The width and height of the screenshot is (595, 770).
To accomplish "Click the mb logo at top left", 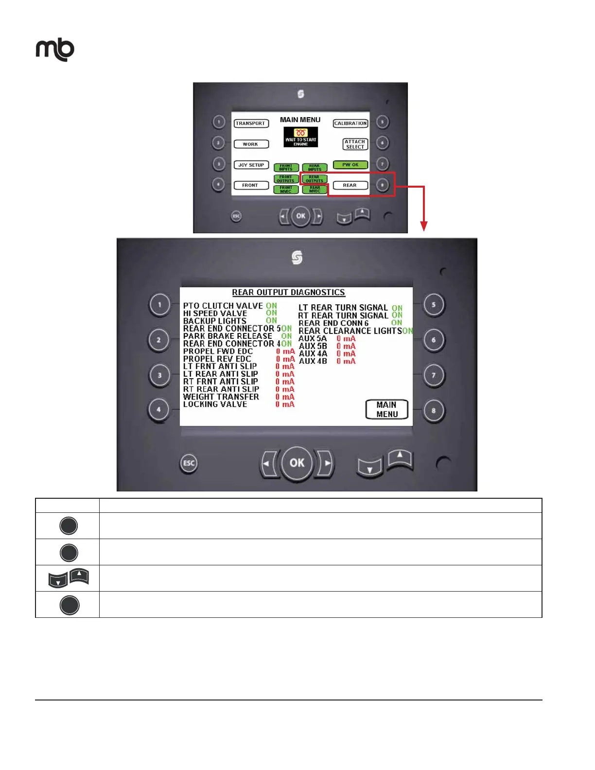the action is [55, 50].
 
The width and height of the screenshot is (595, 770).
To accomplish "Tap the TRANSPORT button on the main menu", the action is [251, 123].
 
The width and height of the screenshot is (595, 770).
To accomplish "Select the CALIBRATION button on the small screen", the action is [350, 123].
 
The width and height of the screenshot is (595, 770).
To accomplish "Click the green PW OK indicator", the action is [350, 165].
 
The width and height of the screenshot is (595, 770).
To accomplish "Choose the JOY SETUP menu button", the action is [251, 165].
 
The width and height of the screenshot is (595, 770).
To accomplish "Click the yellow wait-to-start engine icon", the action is [301, 137].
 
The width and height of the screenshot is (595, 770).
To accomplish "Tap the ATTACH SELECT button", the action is [355, 144].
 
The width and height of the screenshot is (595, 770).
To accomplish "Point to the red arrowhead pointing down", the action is [424, 226].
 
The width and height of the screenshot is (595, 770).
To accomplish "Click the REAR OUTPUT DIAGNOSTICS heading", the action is [288, 293].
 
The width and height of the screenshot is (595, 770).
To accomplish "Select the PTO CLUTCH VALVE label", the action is [223, 306].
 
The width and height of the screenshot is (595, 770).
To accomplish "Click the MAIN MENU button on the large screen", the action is [387, 409].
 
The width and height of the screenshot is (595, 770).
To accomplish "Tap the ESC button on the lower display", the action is [189, 463].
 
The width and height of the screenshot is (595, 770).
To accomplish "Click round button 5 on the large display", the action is [433, 305].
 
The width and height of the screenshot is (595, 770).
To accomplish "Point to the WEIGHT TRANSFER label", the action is [221, 397].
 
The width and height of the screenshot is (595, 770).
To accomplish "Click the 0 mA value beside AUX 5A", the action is [346, 338].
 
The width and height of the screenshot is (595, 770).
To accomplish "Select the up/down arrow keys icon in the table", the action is [69, 578].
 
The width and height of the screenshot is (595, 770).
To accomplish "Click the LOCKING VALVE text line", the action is [215, 404].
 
